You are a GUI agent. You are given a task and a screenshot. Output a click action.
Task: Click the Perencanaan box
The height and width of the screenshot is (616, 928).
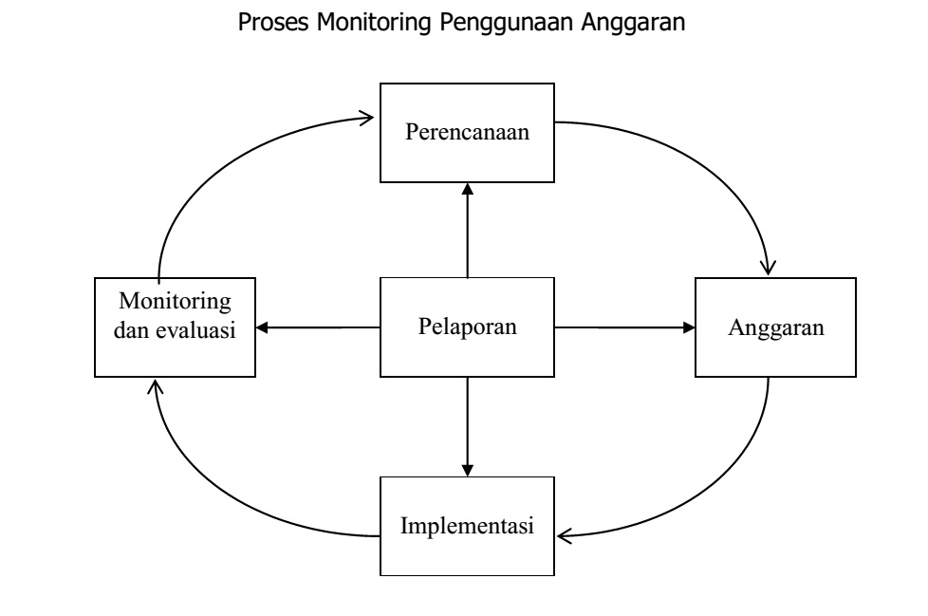point(467,132)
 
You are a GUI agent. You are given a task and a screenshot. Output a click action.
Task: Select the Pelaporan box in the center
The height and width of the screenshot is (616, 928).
point(467,327)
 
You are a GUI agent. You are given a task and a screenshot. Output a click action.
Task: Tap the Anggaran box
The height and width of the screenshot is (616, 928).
point(776,327)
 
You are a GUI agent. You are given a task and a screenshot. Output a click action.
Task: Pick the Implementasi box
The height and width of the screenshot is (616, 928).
point(467,526)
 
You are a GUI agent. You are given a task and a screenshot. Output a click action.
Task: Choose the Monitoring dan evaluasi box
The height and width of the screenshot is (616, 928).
point(176,327)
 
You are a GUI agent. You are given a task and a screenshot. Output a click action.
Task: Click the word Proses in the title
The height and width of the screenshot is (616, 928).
point(269,26)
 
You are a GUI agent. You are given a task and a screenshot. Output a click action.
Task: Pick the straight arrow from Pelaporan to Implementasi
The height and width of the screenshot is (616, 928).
point(467,427)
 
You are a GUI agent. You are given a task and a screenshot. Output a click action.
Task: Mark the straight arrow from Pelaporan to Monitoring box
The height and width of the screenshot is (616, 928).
point(318,327)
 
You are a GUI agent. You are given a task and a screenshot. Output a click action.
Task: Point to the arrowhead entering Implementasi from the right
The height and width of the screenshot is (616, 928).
point(566,536)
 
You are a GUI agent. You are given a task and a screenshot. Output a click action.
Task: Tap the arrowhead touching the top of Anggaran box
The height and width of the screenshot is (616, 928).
point(773,265)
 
